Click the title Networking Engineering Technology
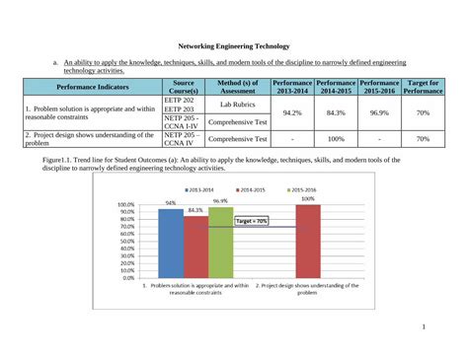point(233,46)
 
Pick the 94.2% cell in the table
point(291,112)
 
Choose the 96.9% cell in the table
point(379,112)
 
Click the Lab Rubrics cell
point(238,103)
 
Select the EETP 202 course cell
point(179,100)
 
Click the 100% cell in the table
point(336,139)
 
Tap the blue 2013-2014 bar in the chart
point(171,243)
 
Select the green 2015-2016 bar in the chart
point(220,242)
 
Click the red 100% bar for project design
point(308,241)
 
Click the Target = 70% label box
point(251,222)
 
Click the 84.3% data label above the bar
point(195,210)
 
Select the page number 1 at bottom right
point(423,328)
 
